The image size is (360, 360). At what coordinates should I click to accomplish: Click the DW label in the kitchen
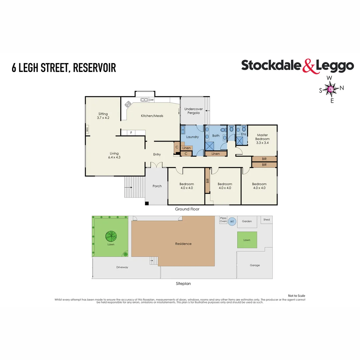coord(151,100)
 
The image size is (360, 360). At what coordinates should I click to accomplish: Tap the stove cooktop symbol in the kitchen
coord(128,104)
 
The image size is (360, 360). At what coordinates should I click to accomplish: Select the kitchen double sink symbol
coord(144,100)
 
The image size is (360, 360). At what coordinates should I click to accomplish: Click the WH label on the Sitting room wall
coord(87,130)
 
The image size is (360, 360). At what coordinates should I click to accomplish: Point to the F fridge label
coord(131,133)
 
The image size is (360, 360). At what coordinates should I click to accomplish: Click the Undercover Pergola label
coord(194,111)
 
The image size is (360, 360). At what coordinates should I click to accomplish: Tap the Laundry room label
coord(192,137)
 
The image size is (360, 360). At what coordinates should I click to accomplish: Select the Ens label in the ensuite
coord(243,134)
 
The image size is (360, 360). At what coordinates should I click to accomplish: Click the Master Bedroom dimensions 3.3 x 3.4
coord(262,143)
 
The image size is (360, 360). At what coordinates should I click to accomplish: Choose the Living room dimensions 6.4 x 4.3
coord(114,157)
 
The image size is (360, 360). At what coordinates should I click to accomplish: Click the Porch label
coord(157,186)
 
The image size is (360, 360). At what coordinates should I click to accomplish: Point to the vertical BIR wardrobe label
coord(208,181)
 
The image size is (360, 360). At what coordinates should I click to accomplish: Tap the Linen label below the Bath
coord(216,154)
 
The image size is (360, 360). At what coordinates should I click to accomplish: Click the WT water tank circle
coord(232,222)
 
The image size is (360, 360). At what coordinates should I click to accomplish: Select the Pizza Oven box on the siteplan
coord(223,220)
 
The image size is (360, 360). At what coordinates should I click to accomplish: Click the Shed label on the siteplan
coord(267,219)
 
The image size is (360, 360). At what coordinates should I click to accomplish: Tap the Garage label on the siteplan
coord(255,265)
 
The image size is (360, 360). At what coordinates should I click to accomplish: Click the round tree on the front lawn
coord(111,236)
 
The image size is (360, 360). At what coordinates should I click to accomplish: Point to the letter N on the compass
coord(342,88)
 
